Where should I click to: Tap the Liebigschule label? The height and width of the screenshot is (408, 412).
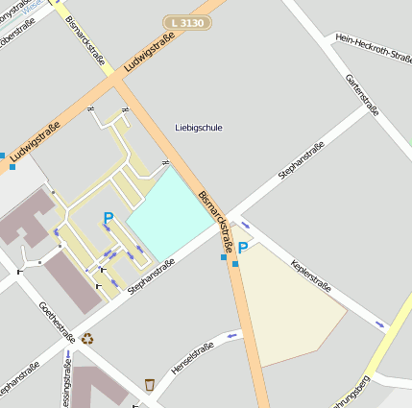click(199, 127)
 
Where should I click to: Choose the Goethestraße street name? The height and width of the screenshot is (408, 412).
click(57, 322)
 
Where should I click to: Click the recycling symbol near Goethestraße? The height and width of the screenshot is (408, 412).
click(88, 338)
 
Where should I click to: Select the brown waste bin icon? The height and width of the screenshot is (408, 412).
click(150, 384)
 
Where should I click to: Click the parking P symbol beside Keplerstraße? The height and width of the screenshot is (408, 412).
click(243, 249)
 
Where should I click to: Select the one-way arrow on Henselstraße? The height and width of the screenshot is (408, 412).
click(231, 336)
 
